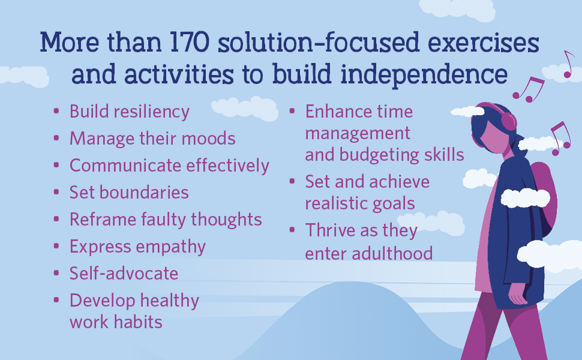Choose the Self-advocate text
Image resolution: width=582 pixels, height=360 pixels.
[124, 274]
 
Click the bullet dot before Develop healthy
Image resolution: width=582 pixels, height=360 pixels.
[56, 299]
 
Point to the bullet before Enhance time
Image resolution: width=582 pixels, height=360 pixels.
[292, 112]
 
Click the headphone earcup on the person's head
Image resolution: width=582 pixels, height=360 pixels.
[508, 121]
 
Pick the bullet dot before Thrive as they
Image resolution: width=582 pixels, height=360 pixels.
[292, 230]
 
